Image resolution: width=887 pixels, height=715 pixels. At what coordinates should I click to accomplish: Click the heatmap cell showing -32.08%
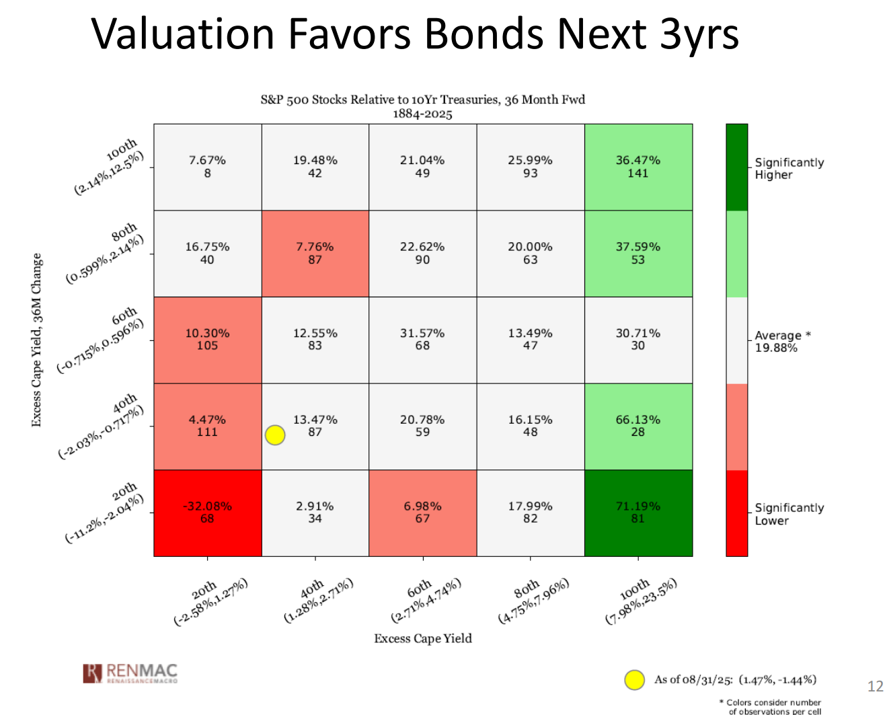[207, 513]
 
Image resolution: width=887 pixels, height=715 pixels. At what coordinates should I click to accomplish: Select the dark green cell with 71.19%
[638, 513]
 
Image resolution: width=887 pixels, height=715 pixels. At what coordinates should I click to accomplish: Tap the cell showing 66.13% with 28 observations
[638, 426]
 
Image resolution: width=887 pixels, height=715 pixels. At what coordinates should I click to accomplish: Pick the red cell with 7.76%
[315, 253]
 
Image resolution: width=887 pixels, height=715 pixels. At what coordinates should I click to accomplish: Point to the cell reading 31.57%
[422, 339]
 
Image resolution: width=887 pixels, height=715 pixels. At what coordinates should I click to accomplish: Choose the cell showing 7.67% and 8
[207, 166]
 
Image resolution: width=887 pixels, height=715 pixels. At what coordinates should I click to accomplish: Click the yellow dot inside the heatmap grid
[275, 435]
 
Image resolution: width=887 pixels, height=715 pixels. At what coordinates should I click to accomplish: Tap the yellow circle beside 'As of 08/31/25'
[635, 680]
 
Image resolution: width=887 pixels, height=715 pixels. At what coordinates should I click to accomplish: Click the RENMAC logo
[130, 673]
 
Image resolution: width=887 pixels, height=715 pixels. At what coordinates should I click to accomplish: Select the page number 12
[875, 686]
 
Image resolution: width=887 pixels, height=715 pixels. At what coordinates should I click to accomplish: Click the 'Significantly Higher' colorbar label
[788, 169]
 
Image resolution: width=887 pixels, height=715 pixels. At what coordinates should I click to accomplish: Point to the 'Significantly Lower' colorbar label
[788, 514]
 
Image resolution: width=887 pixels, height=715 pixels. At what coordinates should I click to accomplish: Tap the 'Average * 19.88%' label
[782, 341]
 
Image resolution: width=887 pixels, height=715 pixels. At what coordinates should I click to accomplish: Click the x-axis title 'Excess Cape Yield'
[423, 638]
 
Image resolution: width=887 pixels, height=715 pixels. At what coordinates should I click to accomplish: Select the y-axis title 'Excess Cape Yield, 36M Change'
[36, 340]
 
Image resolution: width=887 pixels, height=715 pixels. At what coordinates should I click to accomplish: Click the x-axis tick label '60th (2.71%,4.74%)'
[425, 599]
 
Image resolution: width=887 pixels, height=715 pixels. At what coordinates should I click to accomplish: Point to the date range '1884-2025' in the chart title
[422, 114]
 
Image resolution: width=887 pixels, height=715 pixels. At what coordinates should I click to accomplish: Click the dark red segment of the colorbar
[736, 513]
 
